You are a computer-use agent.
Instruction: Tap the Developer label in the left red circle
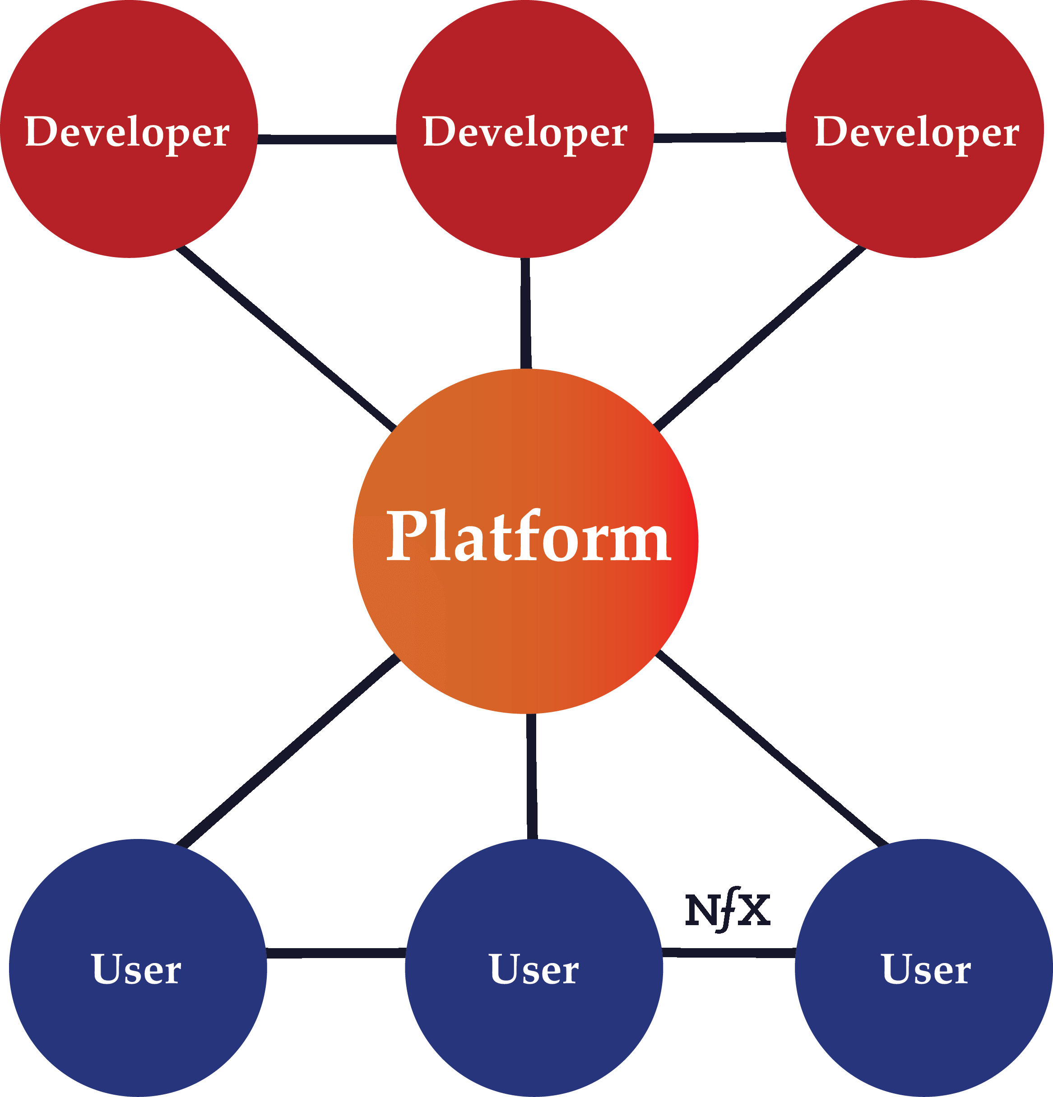[127, 133]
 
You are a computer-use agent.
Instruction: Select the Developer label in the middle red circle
[525, 133]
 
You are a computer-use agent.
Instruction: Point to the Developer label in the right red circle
[916, 133]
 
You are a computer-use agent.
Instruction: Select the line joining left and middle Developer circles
[327, 139]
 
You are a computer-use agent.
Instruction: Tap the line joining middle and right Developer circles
[720, 138]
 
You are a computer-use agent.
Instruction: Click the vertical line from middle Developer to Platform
[525, 313]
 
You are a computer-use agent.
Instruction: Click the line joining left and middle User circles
[336, 953]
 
